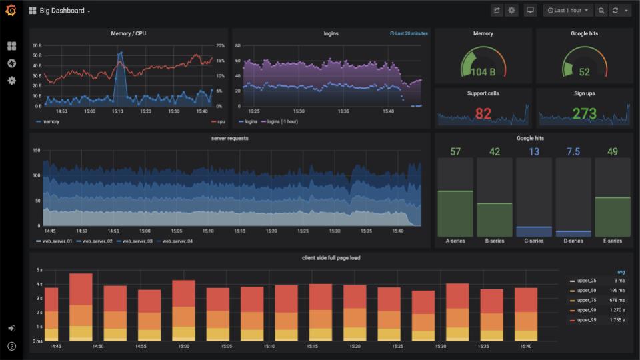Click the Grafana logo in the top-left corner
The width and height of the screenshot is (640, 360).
(x=11, y=11)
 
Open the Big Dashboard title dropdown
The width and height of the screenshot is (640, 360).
(x=61, y=11)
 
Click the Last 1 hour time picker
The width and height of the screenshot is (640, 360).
(x=568, y=11)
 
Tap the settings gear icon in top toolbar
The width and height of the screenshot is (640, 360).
(x=512, y=11)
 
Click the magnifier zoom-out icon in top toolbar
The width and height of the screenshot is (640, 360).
(x=601, y=11)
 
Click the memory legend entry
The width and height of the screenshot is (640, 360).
(x=48, y=121)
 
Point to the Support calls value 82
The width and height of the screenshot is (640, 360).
(x=483, y=113)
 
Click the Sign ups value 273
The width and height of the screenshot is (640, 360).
(x=585, y=113)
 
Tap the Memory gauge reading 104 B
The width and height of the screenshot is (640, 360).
(x=483, y=72)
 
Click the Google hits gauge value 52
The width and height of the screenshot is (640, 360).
(x=585, y=72)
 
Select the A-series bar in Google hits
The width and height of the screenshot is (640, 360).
(x=455, y=213)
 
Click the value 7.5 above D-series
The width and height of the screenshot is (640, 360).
(x=573, y=151)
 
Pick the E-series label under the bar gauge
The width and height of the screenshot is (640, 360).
(x=612, y=241)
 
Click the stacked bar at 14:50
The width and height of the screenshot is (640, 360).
(x=81, y=307)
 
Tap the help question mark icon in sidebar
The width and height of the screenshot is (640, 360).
(x=11, y=346)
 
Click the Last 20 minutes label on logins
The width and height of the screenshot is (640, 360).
(x=409, y=33)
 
